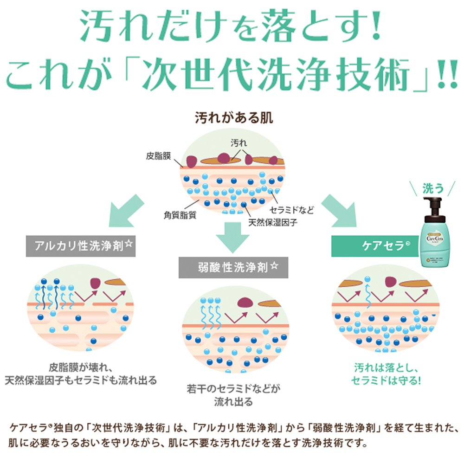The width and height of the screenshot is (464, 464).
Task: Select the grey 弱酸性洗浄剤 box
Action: point(233,267)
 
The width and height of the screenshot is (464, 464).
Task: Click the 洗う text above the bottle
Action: point(433,188)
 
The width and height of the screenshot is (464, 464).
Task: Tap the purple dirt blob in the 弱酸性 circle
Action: point(245,303)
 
